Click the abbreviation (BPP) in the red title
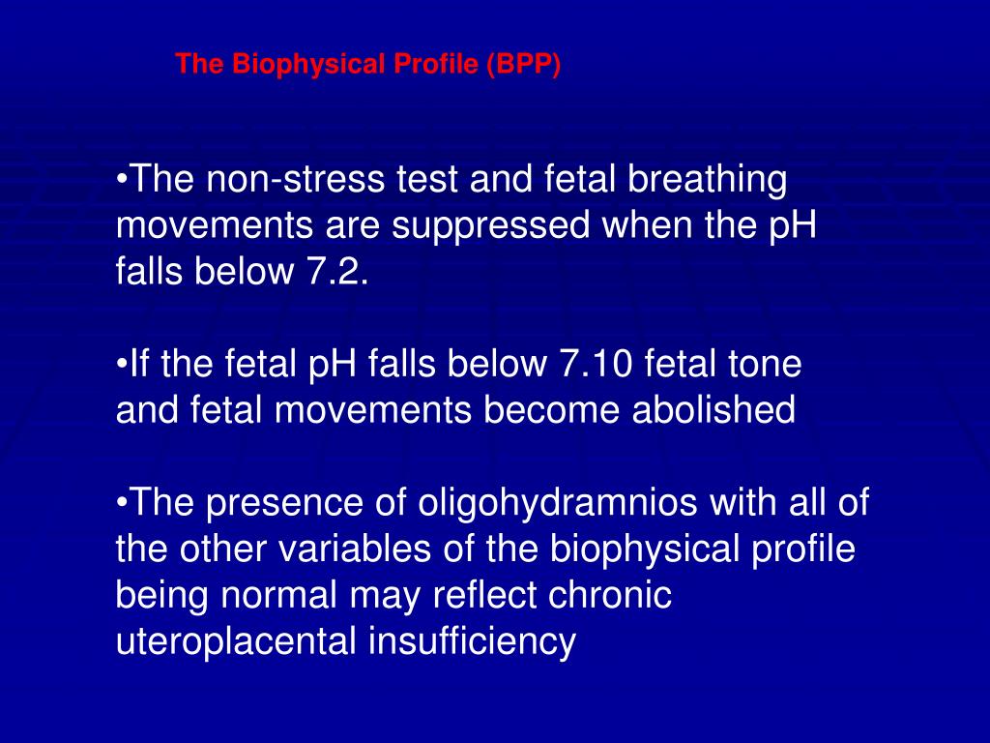click(x=523, y=65)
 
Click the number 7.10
click(x=597, y=365)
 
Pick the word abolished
click(x=713, y=411)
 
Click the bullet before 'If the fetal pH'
click(x=122, y=367)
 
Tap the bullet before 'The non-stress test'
click(x=122, y=182)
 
